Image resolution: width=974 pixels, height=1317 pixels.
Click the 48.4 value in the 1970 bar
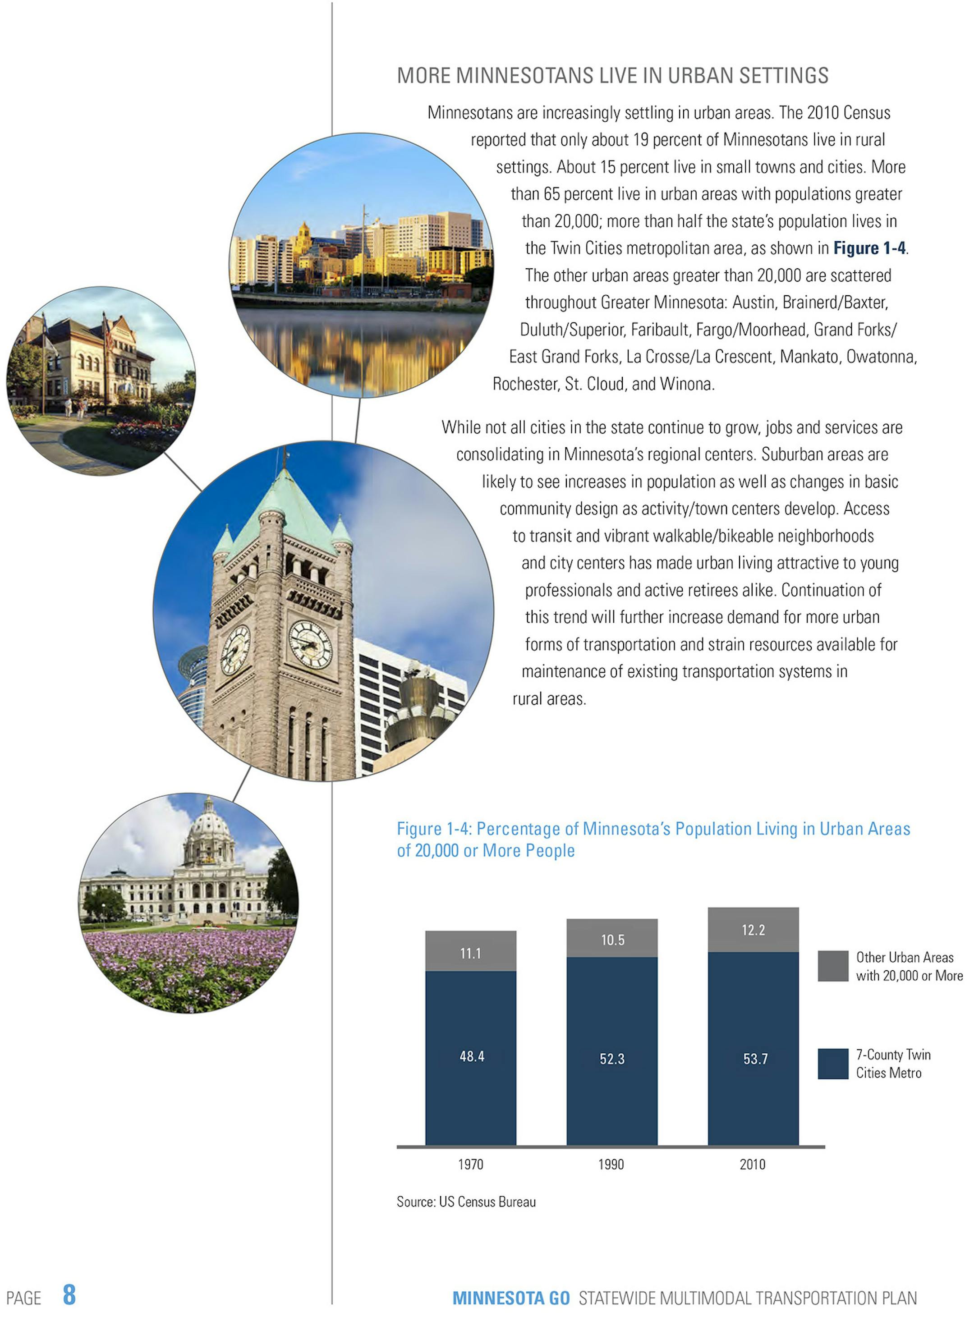(472, 1056)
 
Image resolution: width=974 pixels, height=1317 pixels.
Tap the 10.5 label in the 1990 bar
(612, 940)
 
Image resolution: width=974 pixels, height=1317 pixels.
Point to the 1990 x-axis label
(611, 1164)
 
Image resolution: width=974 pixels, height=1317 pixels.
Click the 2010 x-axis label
(752, 1164)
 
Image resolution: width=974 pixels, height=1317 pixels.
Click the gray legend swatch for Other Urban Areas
(832, 966)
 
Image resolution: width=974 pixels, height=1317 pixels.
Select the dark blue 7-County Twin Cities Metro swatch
(832, 1064)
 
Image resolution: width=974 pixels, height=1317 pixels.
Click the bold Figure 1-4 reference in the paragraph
(869, 248)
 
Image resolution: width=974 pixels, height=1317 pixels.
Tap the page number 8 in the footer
(69, 1294)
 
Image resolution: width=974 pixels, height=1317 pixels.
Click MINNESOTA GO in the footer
(510, 1298)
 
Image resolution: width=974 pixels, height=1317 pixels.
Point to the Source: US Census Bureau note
(466, 1202)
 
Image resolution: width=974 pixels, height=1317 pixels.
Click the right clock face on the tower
(311, 645)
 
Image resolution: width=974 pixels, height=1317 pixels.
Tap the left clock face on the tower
(235, 650)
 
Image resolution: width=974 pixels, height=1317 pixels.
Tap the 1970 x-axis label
(470, 1164)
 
